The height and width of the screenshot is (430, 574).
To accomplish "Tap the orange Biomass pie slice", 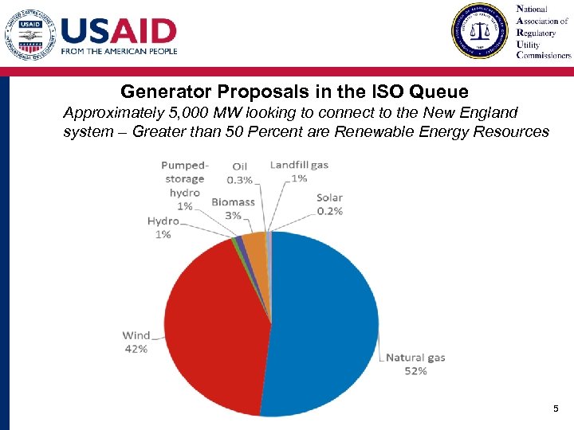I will coord(254,246).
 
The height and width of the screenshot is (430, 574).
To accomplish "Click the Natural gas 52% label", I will coord(415,364).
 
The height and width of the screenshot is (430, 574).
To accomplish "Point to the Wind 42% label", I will coord(135,342).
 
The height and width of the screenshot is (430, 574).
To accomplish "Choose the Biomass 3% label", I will coord(233,209).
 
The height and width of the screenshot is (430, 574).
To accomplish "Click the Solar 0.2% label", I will coord(329,205).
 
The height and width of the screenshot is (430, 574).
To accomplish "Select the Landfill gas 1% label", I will coord(299,171).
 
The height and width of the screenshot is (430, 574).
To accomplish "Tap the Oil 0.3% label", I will coord(240,173).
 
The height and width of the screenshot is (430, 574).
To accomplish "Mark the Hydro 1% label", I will coord(163,227).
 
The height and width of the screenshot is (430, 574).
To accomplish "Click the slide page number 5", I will coord(556,409).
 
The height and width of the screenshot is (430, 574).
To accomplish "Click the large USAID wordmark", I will coord(119,31).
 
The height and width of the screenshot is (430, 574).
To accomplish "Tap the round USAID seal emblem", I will coord(29,34).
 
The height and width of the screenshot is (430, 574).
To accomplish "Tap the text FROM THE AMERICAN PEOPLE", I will coord(119,51).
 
